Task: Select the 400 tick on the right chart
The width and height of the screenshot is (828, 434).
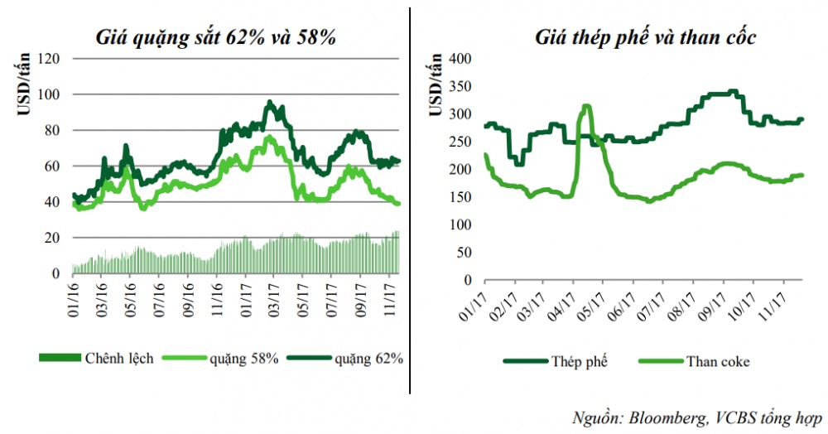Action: click(460, 59)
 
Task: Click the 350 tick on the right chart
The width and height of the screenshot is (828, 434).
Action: click(460, 87)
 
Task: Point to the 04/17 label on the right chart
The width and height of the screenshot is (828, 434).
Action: click(573, 301)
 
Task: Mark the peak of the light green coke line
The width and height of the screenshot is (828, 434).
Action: click(586, 106)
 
